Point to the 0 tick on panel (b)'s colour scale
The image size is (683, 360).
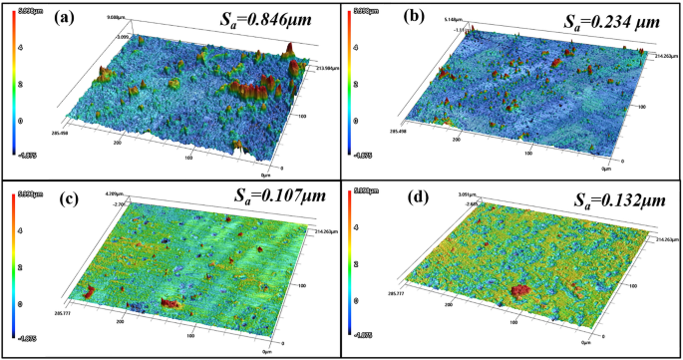[359, 119]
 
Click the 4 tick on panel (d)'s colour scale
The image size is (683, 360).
[359, 229]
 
